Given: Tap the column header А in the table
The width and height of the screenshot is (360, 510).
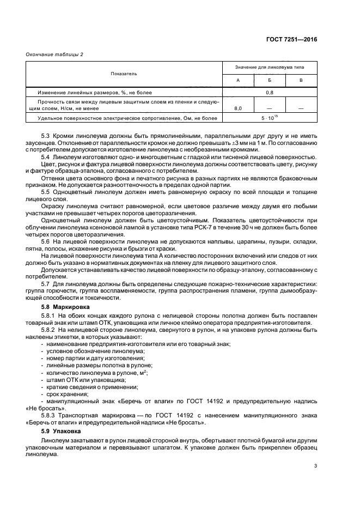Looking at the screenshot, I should click(x=237, y=80).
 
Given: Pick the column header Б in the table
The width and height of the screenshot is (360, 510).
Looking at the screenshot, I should click(x=269, y=80).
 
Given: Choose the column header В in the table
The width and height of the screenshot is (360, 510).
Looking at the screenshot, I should click(x=301, y=80).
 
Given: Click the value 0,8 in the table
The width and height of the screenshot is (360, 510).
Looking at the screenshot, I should click(x=269, y=92).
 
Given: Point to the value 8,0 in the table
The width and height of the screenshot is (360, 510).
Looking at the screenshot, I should click(x=237, y=109).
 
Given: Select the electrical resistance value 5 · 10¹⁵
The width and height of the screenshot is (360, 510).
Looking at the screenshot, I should click(x=269, y=118).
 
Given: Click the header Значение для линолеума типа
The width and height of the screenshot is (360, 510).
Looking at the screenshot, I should click(x=269, y=67).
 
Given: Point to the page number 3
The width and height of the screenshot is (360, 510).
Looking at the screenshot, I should click(x=315, y=466).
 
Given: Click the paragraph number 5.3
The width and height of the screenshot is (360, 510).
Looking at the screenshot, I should click(x=46, y=135).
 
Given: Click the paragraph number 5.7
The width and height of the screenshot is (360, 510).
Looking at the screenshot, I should click(x=46, y=284).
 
